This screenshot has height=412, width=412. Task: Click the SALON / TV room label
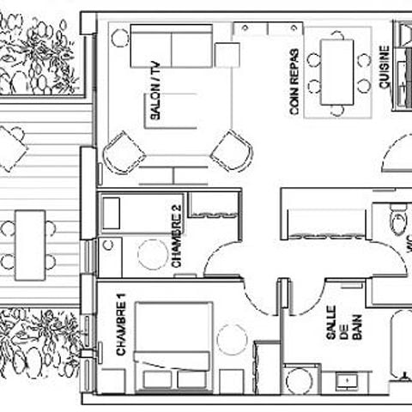[x=155, y=91]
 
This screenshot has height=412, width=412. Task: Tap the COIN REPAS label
[x=294, y=82]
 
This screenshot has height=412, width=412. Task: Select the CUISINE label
[x=385, y=67]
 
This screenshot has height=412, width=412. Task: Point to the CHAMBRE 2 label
[x=176, y=236]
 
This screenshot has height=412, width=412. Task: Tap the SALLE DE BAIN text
[x=344, y=324]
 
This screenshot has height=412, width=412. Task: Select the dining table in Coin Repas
[x=337, y=72]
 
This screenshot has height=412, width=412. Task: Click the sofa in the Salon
[x=172, y=46]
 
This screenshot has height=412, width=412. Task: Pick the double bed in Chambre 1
[x=173, y=347]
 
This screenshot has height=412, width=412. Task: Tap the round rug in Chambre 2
[x=153, y=254]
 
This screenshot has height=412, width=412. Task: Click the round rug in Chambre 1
[x=232, y=340]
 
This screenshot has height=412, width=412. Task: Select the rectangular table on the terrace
[x=30, y=245]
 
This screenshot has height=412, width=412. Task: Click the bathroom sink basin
[x=347, y=381]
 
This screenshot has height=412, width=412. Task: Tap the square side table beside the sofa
[x=227, y=55]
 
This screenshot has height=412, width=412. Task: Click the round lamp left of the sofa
[x=120, y=38]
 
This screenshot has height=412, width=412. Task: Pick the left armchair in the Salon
[x=124, y=152]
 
